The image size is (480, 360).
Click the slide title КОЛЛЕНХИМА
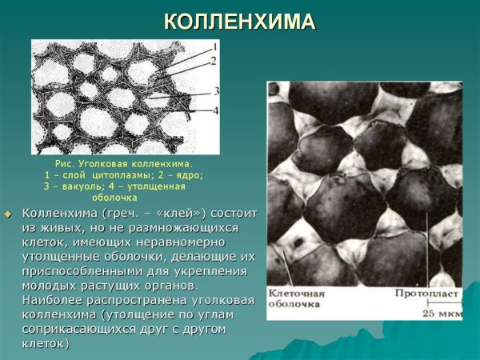point(240,22)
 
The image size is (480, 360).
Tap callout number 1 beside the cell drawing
point(215,46)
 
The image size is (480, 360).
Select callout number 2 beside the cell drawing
point(214,60)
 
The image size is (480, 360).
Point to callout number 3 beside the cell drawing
point(216,92)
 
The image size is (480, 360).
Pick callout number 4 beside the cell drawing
point(216,110)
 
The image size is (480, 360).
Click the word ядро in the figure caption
point(187,174)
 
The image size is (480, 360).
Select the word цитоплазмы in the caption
point(126,174)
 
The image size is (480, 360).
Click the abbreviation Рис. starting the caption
point(78,163)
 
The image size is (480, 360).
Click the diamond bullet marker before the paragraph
point(9,214)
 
